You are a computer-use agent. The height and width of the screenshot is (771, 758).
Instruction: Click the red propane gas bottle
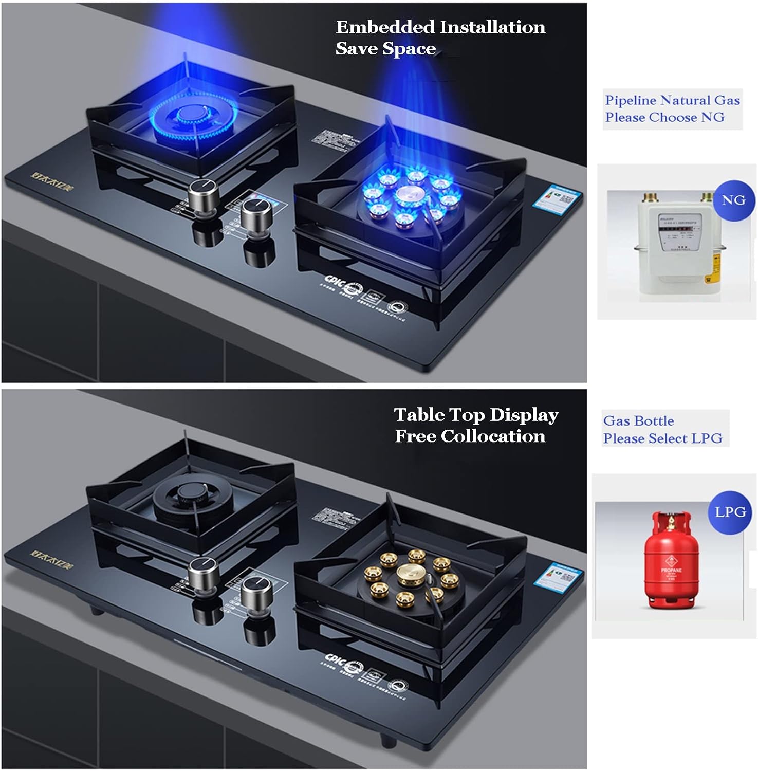coord(671,561)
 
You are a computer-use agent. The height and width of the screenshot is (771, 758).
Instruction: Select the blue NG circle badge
coord(733,200)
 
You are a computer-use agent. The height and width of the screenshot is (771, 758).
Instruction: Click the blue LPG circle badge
coord(730,512)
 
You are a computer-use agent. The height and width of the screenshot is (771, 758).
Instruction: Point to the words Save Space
coord(385,49)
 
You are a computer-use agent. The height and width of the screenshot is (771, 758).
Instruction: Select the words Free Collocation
coord(470,436)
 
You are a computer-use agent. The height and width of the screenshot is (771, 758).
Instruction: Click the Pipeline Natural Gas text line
coord(672,100)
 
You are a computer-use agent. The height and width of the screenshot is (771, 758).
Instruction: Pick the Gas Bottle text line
coord(638,421)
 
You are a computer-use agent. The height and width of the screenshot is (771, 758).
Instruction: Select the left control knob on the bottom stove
coord(204,572)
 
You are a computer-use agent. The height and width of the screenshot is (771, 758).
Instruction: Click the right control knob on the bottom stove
coord(256,592)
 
